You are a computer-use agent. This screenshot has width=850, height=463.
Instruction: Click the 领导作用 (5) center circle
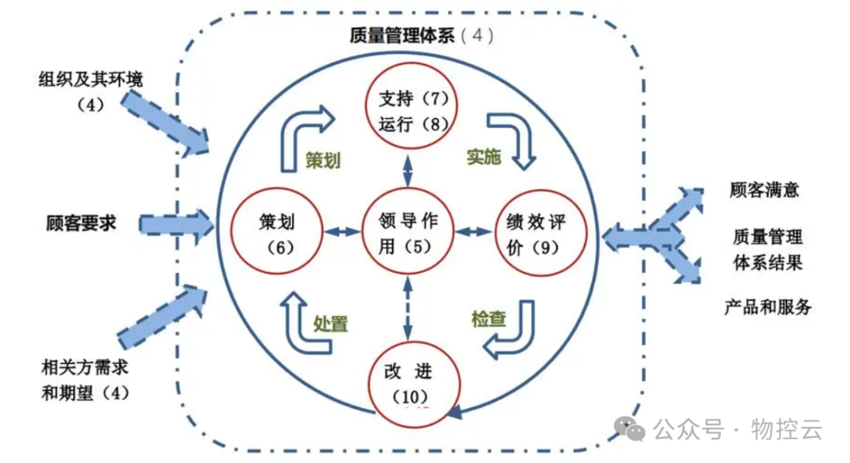[408, 233]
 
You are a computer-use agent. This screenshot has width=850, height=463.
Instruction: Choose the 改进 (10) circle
[414, 381]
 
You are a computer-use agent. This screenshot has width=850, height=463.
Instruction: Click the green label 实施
[483, 157]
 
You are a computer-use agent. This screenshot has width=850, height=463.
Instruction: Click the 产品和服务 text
[767, 307]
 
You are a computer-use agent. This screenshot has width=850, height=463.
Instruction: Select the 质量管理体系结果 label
[767, 248]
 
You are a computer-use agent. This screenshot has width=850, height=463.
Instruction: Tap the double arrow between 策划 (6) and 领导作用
[341, 230]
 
